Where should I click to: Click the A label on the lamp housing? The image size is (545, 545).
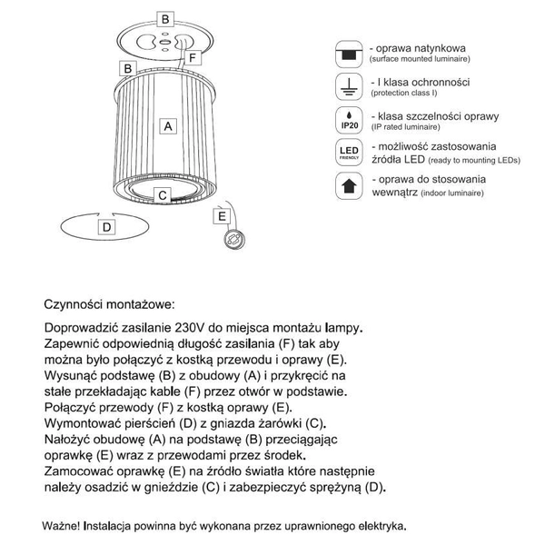click(166, 128)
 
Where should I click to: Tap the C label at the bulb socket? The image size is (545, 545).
click(160, 194)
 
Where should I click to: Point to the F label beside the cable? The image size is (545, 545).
click(192, 57)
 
